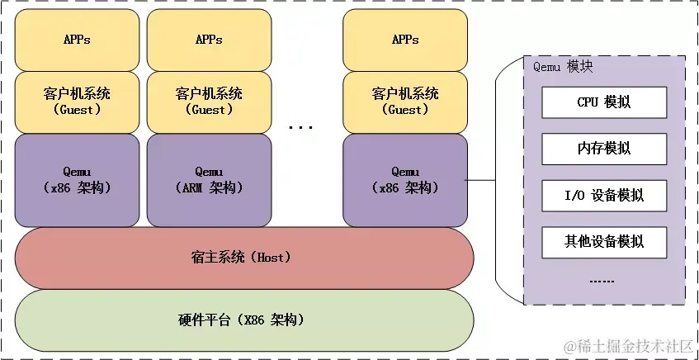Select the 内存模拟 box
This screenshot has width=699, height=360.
click(592, 149)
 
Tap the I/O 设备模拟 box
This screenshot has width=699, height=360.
click(592, 195)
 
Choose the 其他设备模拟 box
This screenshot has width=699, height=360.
click(592, 242)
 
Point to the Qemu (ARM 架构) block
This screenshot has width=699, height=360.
click(210, 181)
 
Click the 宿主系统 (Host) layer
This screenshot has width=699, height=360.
click(244, 258)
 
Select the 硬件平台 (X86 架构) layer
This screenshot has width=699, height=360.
click(244, 320)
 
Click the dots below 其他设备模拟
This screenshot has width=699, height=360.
click(602, 281)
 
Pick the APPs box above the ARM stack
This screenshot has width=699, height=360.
click(210, 40)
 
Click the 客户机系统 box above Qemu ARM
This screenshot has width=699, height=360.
click(210, 102)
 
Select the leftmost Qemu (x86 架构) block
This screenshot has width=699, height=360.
click(77, 181)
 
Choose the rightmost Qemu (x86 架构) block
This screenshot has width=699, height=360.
click(404, 181)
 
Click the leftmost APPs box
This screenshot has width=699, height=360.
click(77, 40)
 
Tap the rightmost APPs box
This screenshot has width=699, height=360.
click(404, 40)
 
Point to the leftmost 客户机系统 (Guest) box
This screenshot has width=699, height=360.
click(77, 102)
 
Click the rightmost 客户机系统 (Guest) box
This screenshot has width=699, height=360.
click(404, 102)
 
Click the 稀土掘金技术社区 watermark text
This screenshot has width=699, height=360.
click(627, 346)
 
